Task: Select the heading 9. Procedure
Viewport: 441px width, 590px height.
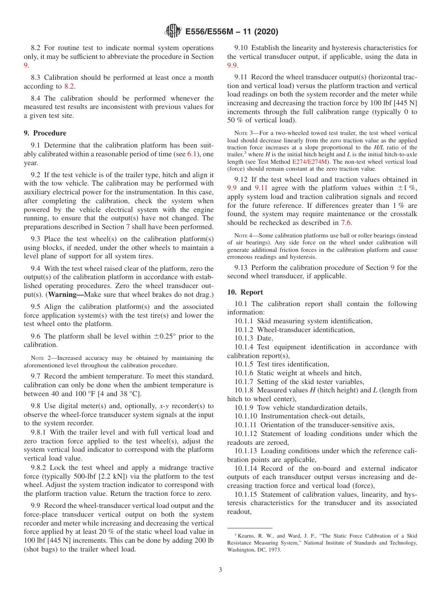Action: click(x=45, y=133)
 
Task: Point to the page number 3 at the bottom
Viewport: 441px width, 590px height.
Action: click(x=220, y=570)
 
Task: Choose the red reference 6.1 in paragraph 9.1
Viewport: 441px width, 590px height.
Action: click(x=192, y=154)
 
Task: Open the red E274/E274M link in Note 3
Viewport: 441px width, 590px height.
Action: click(x=310, y=162)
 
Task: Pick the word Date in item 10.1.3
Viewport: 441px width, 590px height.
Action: click(x=265, y=338)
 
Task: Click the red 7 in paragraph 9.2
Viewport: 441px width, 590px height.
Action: click(x=128, y=227)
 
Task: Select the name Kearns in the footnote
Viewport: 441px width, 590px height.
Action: click(x=247, y=536)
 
